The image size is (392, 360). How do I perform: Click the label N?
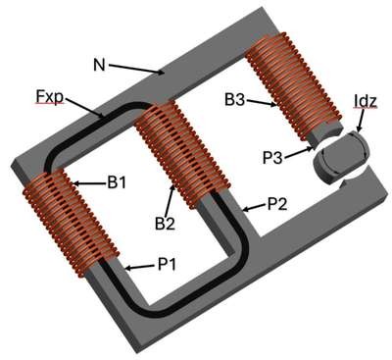click(x=99, y=65)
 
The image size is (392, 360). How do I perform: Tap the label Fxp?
click(x=49, y=97)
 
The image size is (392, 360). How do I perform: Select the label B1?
click(x=117, y=182)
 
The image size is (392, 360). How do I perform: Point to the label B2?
click(x=165, y=224)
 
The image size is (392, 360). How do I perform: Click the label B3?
click(x=234, y=99)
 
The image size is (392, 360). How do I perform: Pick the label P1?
click(x=167, y=264)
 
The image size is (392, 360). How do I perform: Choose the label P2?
click(x=277, y=204)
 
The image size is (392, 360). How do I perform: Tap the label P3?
click(x=272, y=157)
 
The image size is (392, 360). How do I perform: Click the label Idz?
click(x=366, y=102)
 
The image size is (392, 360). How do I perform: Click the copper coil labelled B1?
click(x=70, y=224)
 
